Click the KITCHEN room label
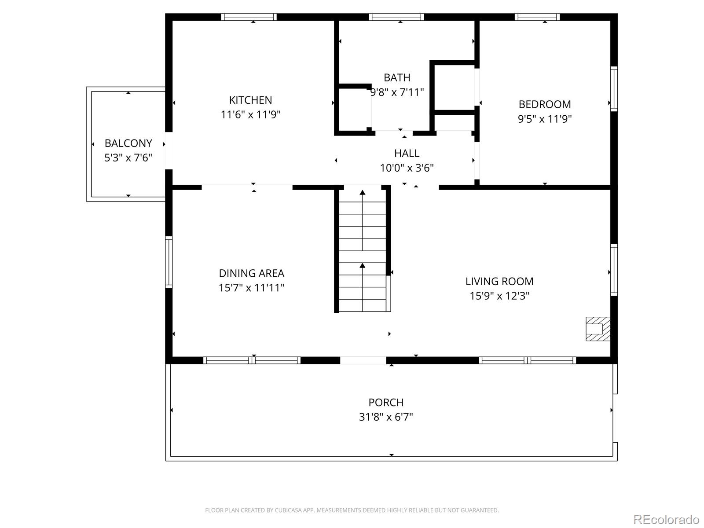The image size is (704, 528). [250, 100]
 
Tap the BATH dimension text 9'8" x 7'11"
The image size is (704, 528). [397, 92]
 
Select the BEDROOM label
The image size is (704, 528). [545, 104]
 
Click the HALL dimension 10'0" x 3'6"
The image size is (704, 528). [407, 168]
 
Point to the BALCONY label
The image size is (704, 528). [128, 143]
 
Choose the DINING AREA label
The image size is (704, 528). [251, 273]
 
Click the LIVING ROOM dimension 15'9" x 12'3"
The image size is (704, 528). [499, 296]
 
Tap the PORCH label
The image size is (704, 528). [386, 402]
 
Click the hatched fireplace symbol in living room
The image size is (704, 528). [598, 329]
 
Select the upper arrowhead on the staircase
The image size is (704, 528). [362, 192]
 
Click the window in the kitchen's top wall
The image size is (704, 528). [249, 17]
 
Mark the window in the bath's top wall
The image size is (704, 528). [396, 17]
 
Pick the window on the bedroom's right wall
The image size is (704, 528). [614, 89]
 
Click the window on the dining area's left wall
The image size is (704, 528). [169, 262]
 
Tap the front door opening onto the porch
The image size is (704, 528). [363, 360]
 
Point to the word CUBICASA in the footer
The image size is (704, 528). [288, 510]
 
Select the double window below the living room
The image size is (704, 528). [527, 360]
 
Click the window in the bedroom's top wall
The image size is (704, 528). [537, 17]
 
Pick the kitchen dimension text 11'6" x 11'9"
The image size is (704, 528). [250, 115]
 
